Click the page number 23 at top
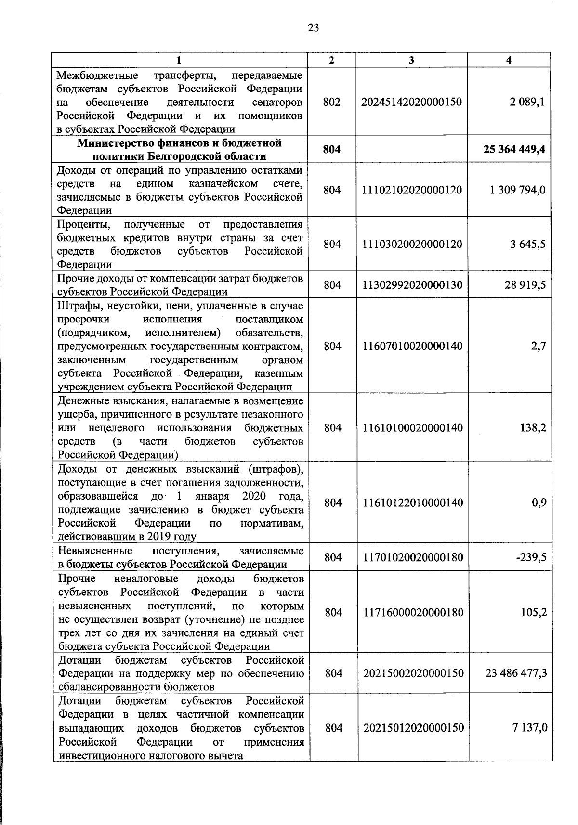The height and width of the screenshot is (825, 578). pyautogui.click(x=313, y=28)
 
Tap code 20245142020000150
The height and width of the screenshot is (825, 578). pyautogui.click(x=412, y=102)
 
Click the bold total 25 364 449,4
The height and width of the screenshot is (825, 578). pyautogui.click(x=514, y=149)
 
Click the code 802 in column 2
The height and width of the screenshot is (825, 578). pyautogui.click(x=332, y=102)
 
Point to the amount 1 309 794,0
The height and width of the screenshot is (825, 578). pyautogui.click(x=518, y=190)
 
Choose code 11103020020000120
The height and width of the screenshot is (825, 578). pyautogui.click(x=412, y=245)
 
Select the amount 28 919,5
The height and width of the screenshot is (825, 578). pyautogui.click(x=525, y=285)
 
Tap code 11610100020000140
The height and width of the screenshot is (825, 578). pyautogui.click(x=412, y=428)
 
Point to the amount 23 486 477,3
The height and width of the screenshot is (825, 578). pyautogui.click(x=516, y=673)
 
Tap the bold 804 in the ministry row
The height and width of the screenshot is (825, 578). pyautogui.click(x=332, y=149)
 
